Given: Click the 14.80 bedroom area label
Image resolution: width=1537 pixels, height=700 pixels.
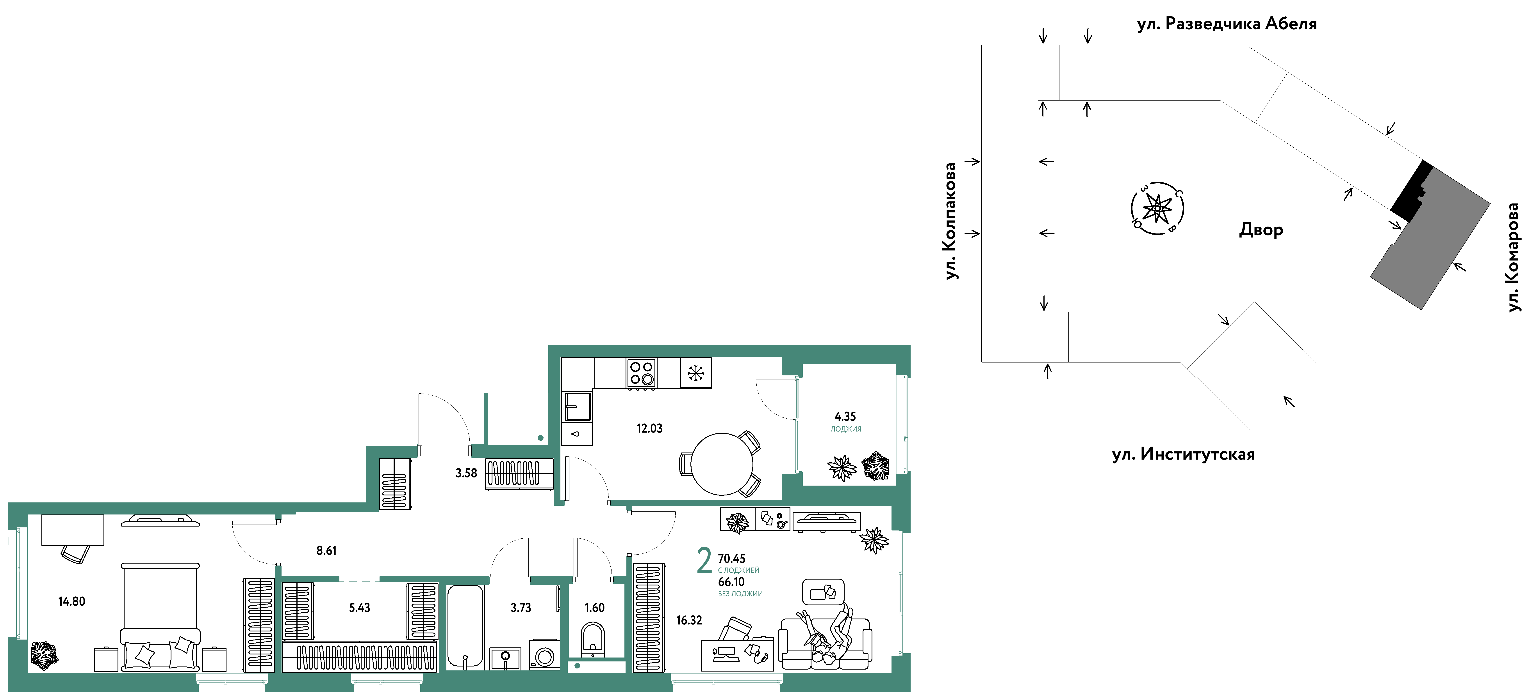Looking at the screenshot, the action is pyautogui.click(x=72, y=602).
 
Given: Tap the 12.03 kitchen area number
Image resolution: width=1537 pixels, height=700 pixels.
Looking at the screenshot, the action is pyautogui.click(x=649, y=428).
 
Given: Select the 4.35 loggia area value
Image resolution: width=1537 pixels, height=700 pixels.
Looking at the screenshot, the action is pyautogui.click(x=845, y=416).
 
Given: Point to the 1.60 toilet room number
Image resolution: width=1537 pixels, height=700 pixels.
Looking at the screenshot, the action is pyautogui.click(x=594, y=608).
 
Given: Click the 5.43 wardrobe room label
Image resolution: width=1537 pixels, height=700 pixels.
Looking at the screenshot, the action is pyautogui.click(x=359, y=608).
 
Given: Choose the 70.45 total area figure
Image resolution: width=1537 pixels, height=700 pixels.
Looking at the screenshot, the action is pyautogui.click(x=731, y=559).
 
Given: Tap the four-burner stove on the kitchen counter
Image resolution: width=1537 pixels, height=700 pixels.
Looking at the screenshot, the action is pyautogui.click(x=641, y=373).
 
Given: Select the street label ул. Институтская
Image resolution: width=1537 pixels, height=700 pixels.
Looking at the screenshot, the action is pyautogui.click(x=1183, y=454).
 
